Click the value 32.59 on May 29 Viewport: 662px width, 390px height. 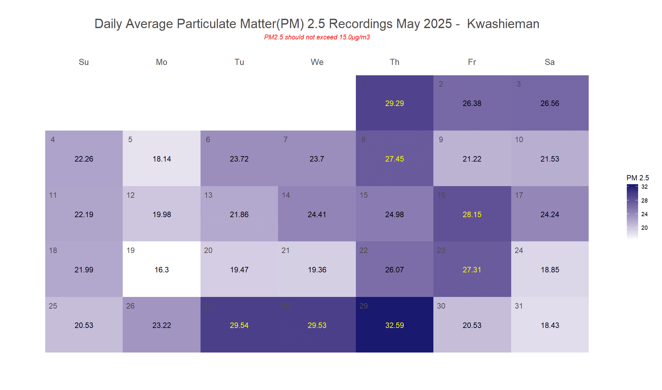pos(394,325)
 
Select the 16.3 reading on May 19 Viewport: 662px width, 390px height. pos(161,270)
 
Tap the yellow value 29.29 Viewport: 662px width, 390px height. pos(394,103)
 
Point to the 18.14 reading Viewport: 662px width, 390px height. pos(161,159)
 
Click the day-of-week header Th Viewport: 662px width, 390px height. pos(394,62)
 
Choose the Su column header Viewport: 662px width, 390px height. pos(84,62)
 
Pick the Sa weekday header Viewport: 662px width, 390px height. pos(550,62)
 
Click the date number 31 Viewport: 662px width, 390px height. pos(519,306)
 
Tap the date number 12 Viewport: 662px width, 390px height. pos(130,195)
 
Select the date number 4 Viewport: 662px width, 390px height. pos(53,140)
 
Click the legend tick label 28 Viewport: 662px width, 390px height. pos(644,201)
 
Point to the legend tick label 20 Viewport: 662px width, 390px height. pos(644,228)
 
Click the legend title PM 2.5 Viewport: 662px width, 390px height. pos(637,178)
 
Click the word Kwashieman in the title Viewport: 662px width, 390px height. pos(503,24)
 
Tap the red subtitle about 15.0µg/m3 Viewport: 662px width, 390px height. pos(317,37)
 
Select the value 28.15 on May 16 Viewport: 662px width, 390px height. pos(472,215)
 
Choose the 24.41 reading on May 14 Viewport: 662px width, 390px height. pos(316,215)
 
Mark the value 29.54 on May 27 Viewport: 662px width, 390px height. pos(239,325)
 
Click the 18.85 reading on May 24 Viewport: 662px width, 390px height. pos(550,270)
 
